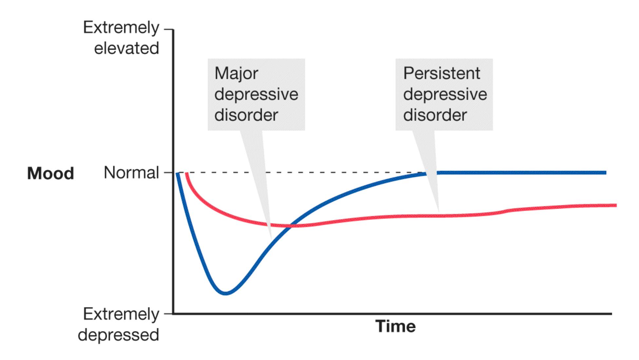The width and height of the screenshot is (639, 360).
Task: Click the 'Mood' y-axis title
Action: click(x=50, y=173)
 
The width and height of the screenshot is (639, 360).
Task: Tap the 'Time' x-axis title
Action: click(x=396, y=326)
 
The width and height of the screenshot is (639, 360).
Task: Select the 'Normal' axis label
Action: click(x=131, y=173)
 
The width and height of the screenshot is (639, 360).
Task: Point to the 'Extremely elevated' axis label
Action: click(x=121, y=38)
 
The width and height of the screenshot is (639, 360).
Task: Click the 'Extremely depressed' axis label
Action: click(x=119, y=324)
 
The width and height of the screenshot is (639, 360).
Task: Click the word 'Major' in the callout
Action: click(x=236, y=73)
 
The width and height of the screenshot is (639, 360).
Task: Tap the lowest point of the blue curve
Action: click(x=226, y=293)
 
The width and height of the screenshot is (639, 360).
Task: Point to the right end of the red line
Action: click(x=616, y=205)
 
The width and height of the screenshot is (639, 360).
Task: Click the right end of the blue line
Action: click(x=605, y=173)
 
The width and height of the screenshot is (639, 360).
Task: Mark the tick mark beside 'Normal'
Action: click(x=168, y=173)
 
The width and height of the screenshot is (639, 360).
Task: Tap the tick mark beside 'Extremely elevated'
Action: click(x=168, y=29)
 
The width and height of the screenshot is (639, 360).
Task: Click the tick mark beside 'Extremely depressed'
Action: click(x=168, y=314)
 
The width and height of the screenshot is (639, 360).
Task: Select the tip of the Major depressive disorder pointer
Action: click(x=271, y=237)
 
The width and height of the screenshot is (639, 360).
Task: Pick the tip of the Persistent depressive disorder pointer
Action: click(x=439, y=211)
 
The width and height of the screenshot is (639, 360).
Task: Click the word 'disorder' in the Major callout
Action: click(x=246, y=115)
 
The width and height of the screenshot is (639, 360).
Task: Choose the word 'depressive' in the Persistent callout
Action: click(x=445, y=94)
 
